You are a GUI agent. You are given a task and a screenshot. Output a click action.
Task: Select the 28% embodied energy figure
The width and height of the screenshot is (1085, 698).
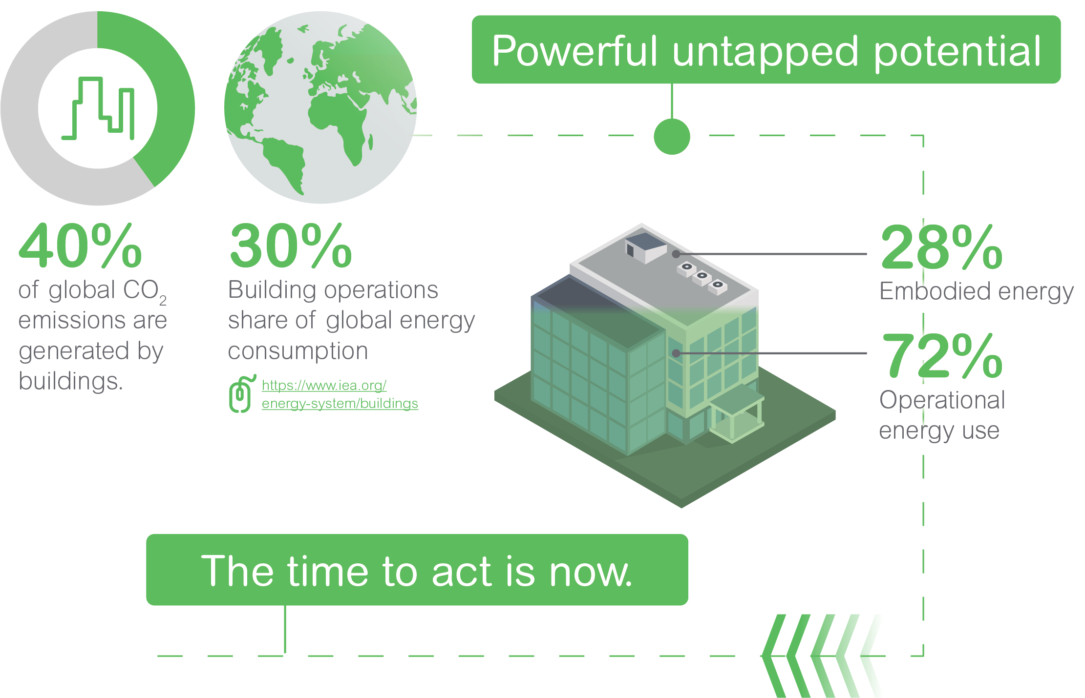tap(942, 247)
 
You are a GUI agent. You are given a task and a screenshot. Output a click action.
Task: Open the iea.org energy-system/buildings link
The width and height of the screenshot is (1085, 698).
tap(340, 394)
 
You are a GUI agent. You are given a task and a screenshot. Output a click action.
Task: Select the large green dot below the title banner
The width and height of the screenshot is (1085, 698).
tap(672, 137)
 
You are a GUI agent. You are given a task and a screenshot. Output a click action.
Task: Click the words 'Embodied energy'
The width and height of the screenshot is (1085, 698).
tap(976, 292)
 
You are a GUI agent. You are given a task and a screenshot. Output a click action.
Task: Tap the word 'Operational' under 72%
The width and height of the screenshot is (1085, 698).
tap(942, 400)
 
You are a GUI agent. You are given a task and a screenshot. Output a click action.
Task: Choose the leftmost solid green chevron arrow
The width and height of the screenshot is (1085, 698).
tap(774, 656)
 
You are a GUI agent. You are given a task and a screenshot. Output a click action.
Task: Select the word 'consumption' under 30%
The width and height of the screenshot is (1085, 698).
tap(298, 351)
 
